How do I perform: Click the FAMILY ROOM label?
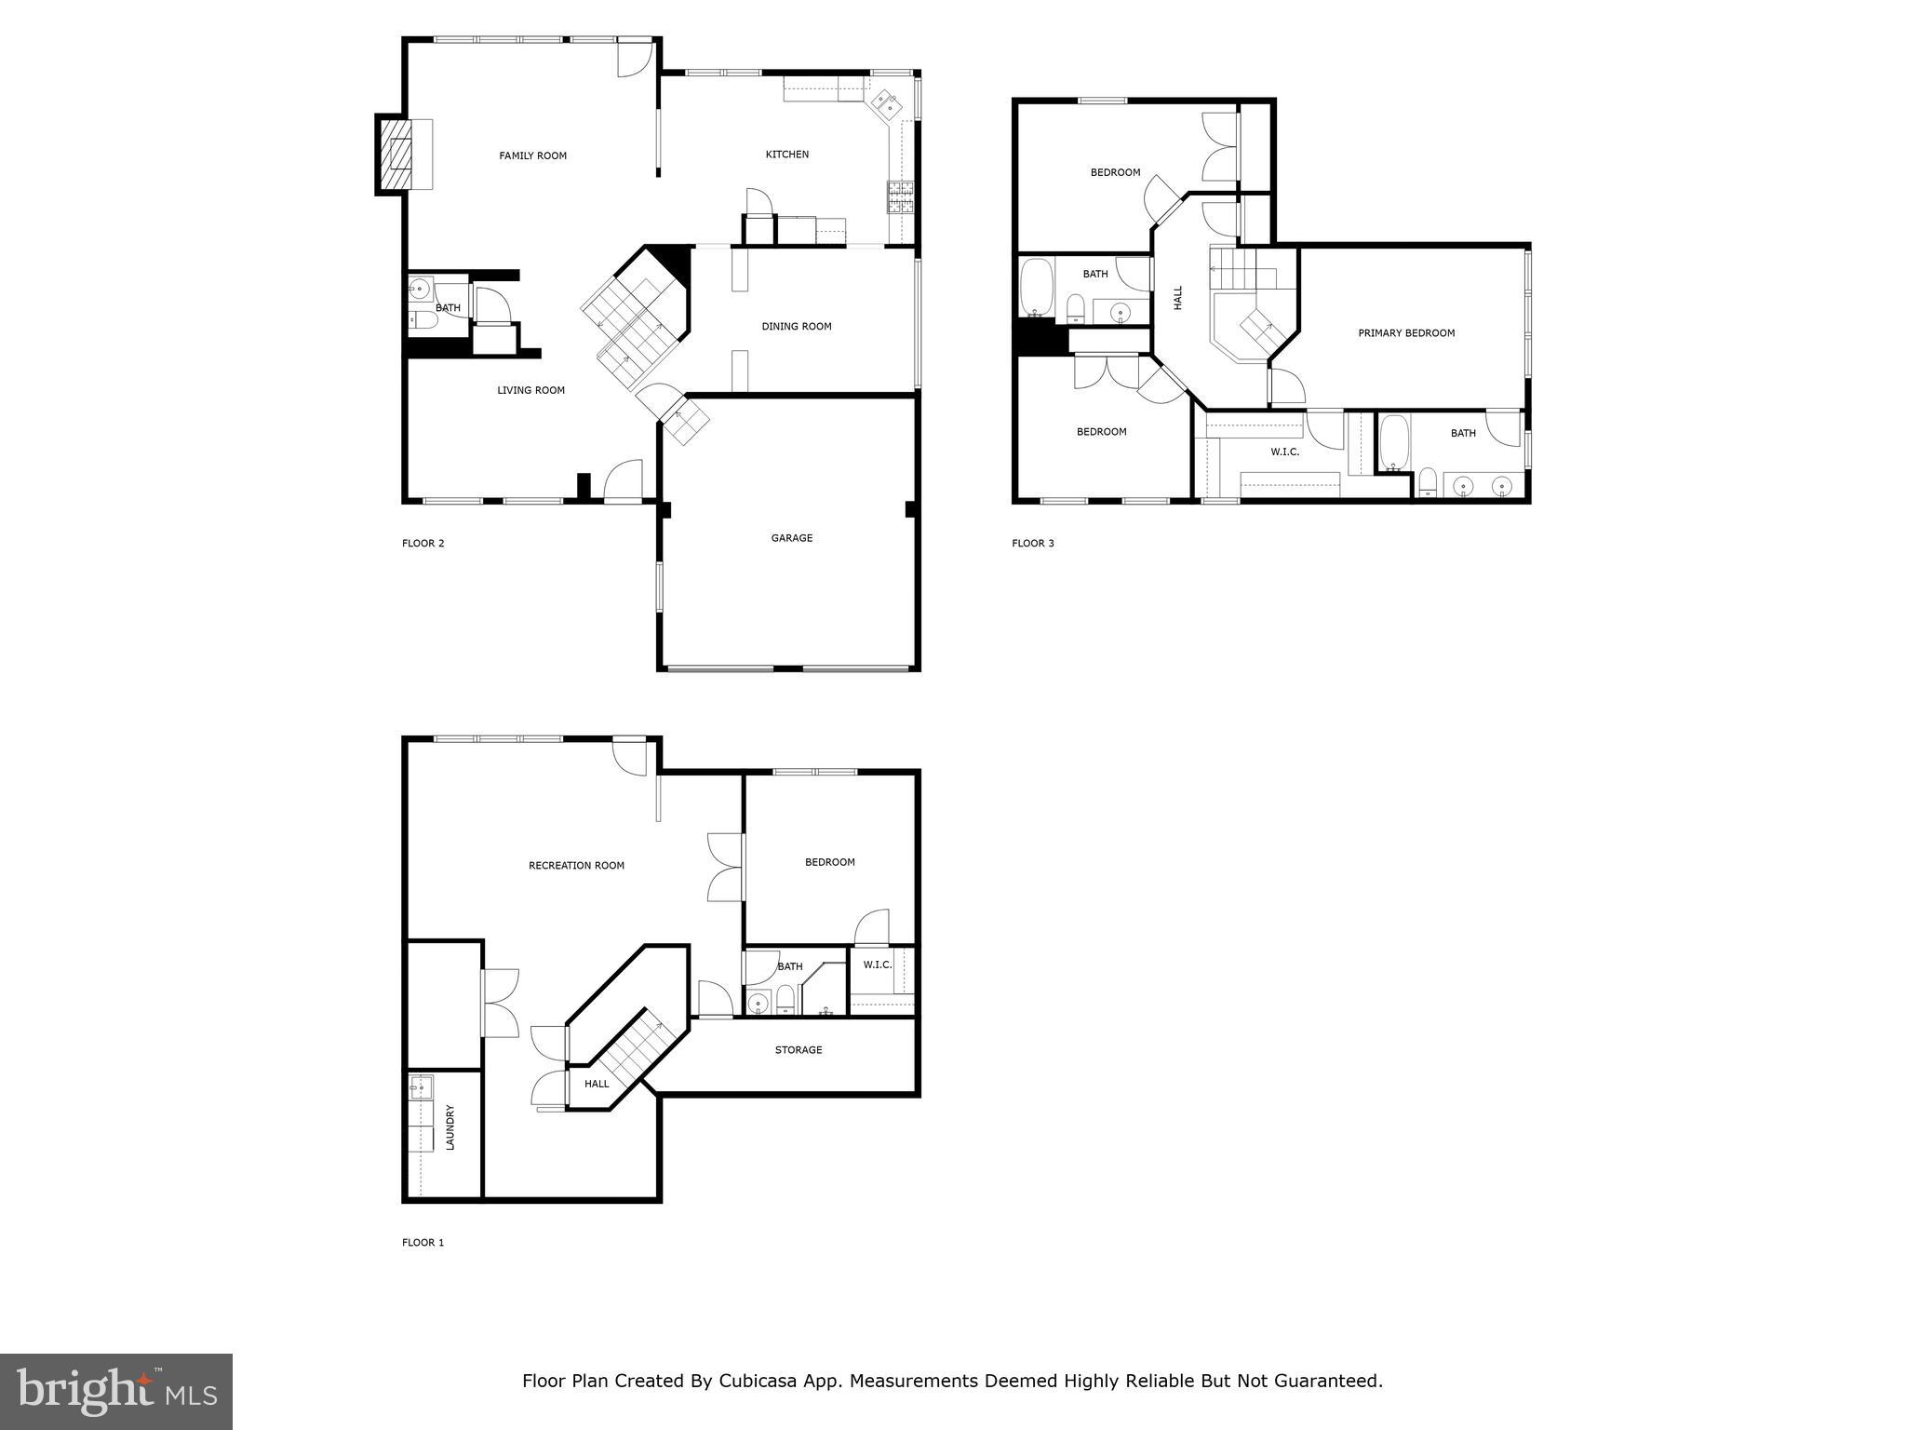tap(532, 155)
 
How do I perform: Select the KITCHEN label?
tap(786, 155)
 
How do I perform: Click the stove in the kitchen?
tap(900, 196)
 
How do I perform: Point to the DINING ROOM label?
tap(796, 327)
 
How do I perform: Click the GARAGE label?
tap(791, 538)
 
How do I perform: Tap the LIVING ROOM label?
tap(530, 390)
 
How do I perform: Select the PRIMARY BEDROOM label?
tap(1405, 333)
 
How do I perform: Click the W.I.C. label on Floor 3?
tap(1284, 452)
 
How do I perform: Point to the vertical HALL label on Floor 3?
tap(1178, 298)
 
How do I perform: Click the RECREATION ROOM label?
tap(576, 866)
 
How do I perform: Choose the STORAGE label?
tap(798, 1050)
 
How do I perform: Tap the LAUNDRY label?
tap(450, 1127)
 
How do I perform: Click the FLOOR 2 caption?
tap(423, 544)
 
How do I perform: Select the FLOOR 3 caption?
tap(1033, 544)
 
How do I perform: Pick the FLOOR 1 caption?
tap(423, 1243)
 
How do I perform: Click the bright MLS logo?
tap(116, 1391)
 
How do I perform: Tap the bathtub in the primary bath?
tap(1393, 443)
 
